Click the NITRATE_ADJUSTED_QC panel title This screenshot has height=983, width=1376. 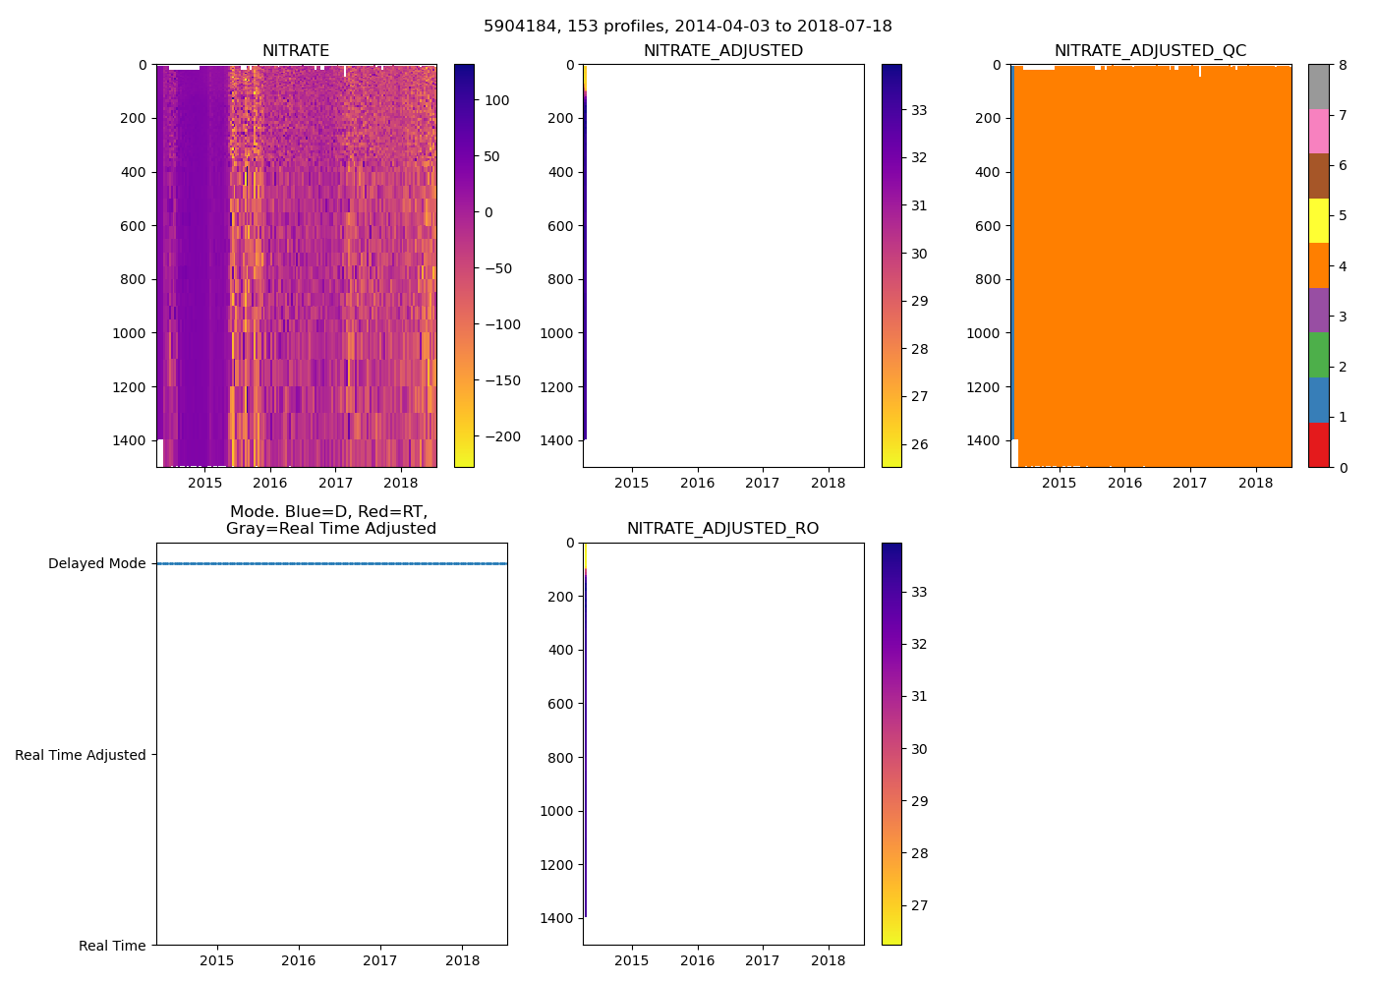coord(1150,51)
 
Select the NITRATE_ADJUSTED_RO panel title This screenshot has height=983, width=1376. coord(722,529)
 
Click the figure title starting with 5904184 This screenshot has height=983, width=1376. coord(688,27)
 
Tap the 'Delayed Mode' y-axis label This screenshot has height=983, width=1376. coord(96,563)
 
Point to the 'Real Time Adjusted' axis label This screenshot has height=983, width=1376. coord(81,755)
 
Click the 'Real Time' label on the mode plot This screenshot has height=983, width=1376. coord(112,946)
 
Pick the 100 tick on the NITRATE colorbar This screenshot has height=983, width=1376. coord(497,100)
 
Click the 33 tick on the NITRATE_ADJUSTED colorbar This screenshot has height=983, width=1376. coord(919,110)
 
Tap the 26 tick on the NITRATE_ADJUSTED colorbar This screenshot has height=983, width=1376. coord(919,444)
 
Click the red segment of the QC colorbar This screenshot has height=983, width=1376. coord(1318,445)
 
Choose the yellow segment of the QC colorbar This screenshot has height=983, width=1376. coord(1318,221)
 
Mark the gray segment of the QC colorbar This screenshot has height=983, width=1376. coord(1318,87)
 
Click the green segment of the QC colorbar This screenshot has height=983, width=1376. coord(1318,355)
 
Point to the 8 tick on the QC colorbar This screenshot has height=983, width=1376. coord(1342,65)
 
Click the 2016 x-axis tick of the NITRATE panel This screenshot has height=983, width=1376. coord(270,483)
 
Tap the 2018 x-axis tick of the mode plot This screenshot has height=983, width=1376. coord(463,960)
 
